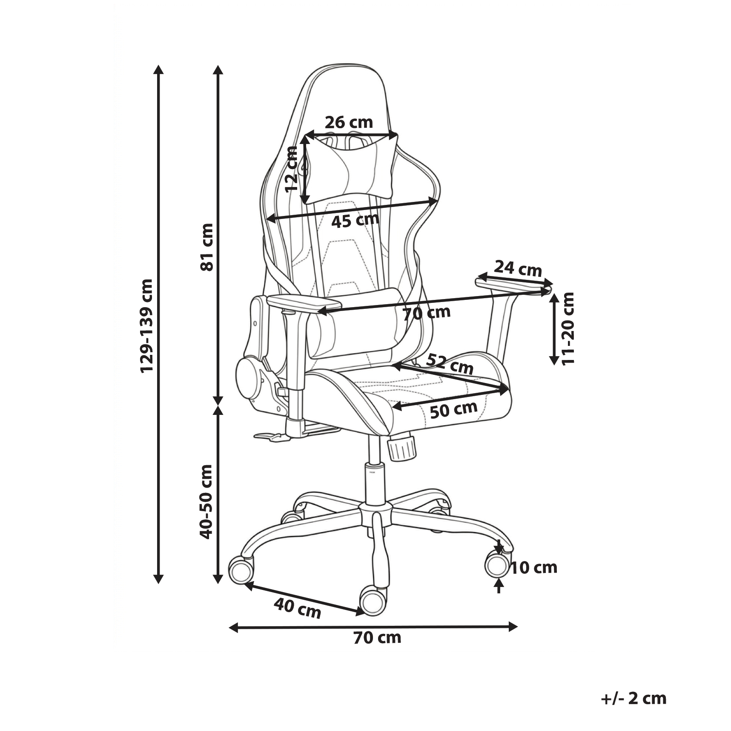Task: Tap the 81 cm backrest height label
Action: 207,247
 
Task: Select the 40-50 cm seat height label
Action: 207,502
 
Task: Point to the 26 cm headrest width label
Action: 349,123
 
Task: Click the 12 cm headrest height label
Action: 292,169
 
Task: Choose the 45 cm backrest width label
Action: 355,220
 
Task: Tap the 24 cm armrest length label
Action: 518,269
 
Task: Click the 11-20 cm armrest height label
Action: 568,328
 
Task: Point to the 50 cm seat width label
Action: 454,410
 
